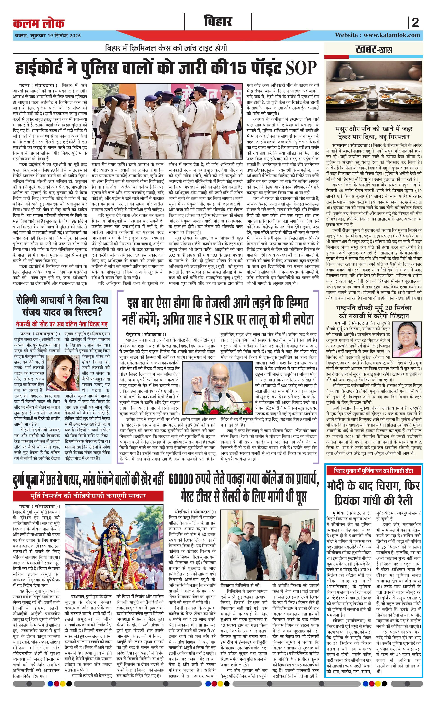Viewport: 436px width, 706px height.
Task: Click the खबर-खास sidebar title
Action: tap(373, 50)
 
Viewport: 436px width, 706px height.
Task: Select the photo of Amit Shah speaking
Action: tap(218, 388)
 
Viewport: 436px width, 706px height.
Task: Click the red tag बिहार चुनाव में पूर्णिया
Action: tap(373, 471)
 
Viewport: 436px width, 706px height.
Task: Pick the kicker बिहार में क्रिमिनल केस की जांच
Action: tap(166, 48)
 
